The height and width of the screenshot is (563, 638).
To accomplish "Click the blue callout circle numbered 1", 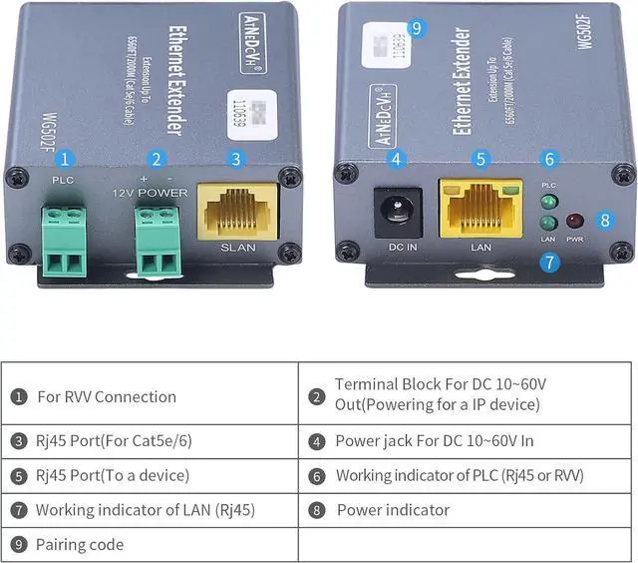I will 65,159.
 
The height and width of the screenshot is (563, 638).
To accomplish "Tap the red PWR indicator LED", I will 575,222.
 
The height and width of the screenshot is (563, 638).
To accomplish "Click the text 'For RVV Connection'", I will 107,396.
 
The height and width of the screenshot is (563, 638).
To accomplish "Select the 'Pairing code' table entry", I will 80,544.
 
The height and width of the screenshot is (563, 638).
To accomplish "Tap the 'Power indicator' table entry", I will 393,510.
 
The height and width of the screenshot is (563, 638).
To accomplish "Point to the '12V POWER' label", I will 150,192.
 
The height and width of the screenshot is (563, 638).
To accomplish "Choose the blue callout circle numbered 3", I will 235,159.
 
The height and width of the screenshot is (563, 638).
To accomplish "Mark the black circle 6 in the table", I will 317,476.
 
